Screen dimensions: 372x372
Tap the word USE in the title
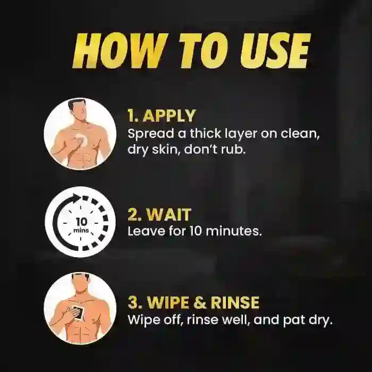point(275,51)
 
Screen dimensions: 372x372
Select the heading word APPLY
point(169,116)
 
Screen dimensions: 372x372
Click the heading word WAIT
point(168,215)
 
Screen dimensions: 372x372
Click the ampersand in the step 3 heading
point(199,302)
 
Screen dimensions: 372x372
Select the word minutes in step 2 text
point(234,231)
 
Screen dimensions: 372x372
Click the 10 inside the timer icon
point(81,222)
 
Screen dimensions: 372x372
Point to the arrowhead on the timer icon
point(78,197)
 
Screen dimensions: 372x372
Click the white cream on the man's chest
point(81,139)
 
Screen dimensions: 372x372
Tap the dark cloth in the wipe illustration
point(78,313)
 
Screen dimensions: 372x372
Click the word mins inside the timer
point(81,230)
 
